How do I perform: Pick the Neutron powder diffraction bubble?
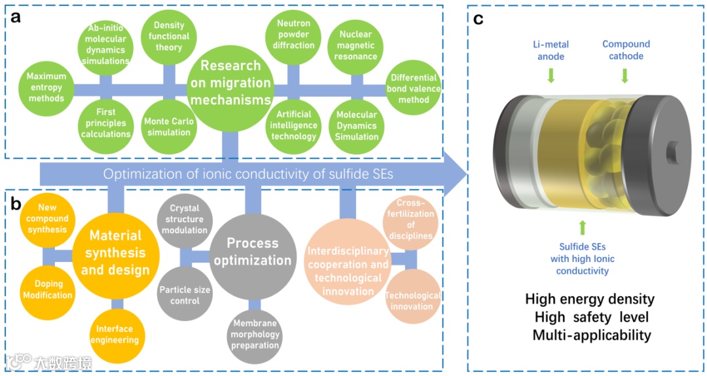tap(293, 35)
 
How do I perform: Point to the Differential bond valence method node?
tap(414, 88)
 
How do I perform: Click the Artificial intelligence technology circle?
tap(293, 124)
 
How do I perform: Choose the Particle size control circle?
tap(185, 294)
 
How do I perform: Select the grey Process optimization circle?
tap(252, 252)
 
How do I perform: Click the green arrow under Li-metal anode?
tap(551, 76)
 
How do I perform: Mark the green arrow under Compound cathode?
tap(625, 76)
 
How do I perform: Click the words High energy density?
tap(590, 299)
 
